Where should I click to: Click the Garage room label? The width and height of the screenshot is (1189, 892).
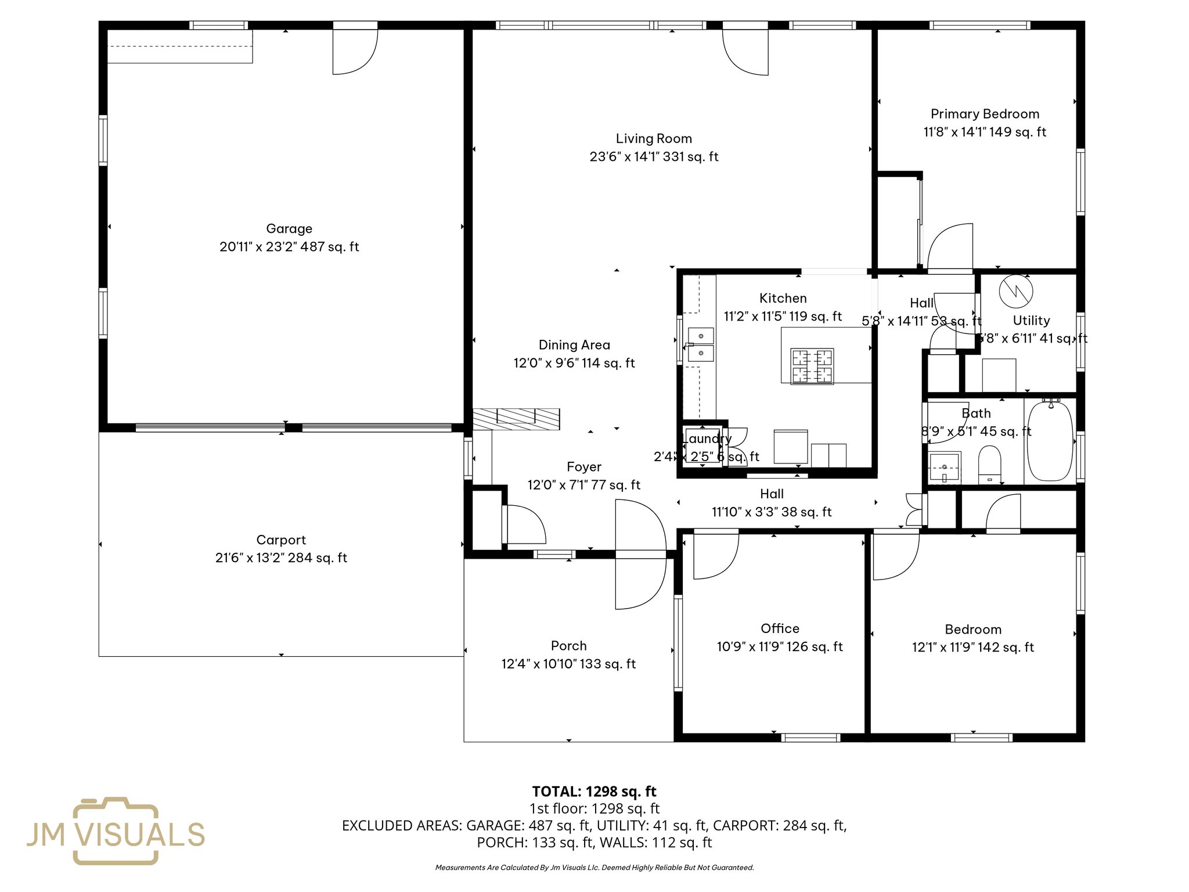pos(289,229)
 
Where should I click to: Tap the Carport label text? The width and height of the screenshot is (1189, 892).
pos(281,540)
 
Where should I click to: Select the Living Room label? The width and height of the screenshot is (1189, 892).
pos(654,139)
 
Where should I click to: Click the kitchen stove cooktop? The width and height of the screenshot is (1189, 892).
pos(812,366)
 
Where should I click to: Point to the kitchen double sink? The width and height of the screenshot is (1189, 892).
pos(701,344)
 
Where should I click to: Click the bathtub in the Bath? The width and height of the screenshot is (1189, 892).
pos(1050,441)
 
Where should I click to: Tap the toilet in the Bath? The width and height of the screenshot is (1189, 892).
pos(989,463)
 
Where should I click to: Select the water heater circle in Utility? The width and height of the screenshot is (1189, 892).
pos(1016,291)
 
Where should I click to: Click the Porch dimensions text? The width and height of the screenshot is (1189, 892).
pos(568,664)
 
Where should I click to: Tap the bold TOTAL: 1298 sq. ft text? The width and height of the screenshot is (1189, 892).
pos(594,792)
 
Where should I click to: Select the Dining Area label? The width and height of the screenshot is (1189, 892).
pos(574,345)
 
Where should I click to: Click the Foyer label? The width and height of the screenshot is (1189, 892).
pos(583,467)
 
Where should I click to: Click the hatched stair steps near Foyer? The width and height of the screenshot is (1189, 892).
pos(516,419)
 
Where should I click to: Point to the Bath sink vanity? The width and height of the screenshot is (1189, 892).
pos(944,468)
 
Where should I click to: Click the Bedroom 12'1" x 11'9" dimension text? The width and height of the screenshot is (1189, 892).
pos(972,648)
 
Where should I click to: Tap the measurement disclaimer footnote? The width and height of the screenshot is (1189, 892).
pos(594,868)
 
